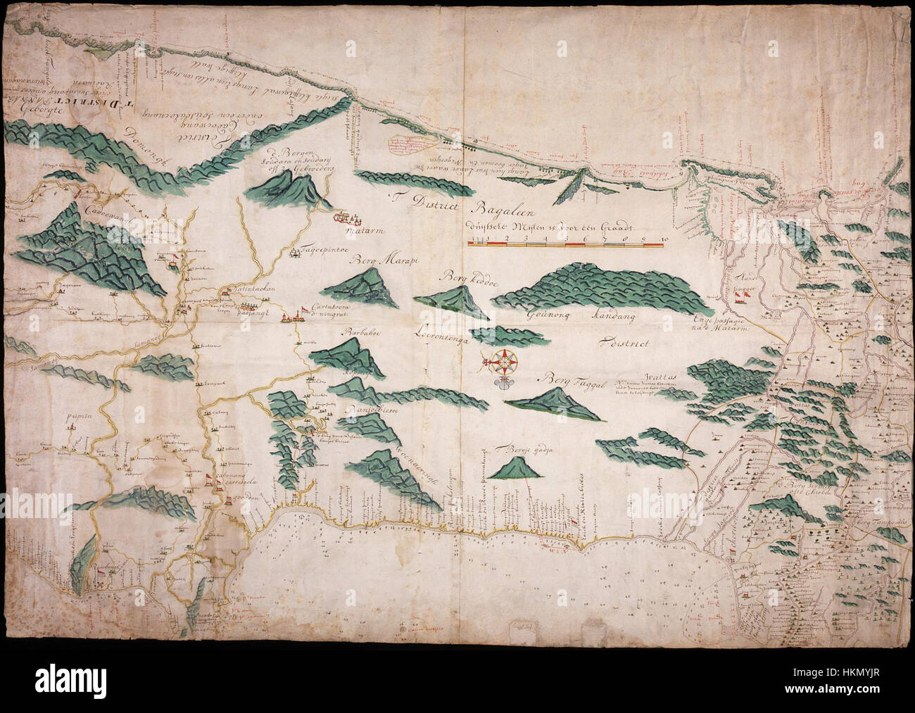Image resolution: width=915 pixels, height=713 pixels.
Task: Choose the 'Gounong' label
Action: pyautogui.click(x=546, y=317)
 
